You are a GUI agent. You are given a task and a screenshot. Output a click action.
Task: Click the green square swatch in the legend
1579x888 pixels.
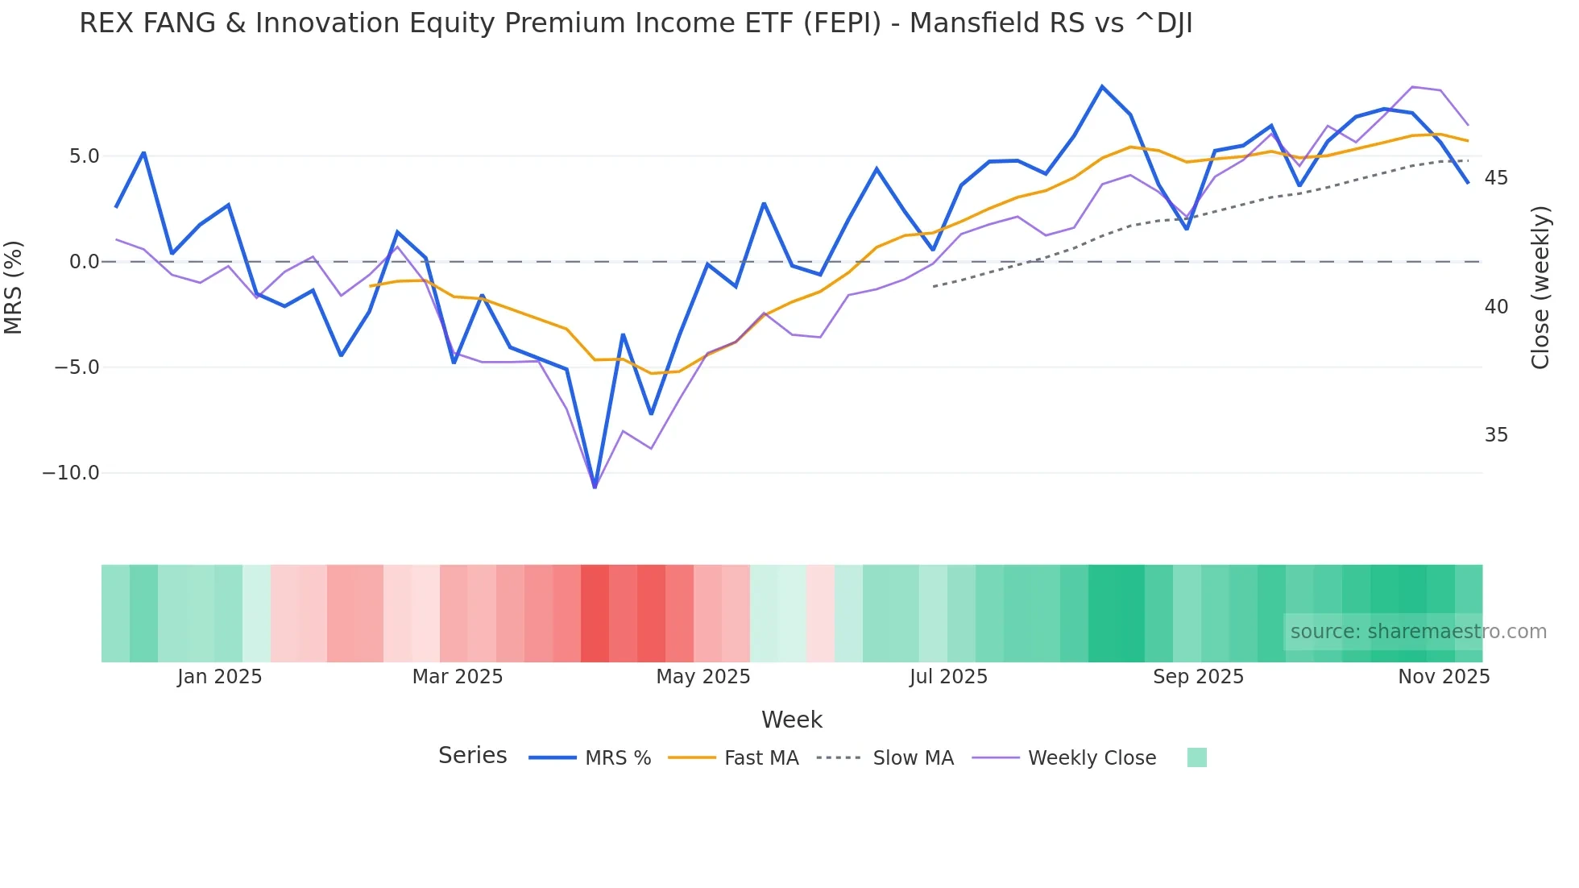(1196, 757)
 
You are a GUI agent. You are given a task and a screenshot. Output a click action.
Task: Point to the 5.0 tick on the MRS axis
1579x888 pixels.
(84, 156)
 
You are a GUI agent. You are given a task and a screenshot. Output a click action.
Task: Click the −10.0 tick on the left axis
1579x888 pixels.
(71, 473)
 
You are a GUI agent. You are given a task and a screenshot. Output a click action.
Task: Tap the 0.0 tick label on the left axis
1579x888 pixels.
(84, 262)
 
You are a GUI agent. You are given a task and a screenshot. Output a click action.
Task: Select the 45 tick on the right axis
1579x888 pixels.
(1496, 178)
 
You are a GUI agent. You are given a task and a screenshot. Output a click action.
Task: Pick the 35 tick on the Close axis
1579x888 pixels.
(1496, 435)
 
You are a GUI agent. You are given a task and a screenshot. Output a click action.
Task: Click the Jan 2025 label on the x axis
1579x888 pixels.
(220, 677)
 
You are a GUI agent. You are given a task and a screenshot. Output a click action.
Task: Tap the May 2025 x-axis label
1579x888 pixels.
(702, 677)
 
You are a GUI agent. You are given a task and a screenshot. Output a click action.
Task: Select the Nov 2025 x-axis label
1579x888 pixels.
(1444, 677)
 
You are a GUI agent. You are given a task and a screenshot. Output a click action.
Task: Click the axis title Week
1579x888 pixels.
(791, 720)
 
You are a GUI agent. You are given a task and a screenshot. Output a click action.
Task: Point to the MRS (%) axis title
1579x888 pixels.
(14, 287)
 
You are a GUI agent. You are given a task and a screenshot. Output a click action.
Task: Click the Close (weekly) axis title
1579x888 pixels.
(1540, 288)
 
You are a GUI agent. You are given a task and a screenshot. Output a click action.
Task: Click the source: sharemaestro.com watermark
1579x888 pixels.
(1418, 632)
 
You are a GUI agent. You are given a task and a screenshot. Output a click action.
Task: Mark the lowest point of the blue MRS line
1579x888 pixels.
(595, 487)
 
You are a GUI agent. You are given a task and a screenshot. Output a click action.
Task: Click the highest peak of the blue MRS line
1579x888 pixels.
(1102, 86)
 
